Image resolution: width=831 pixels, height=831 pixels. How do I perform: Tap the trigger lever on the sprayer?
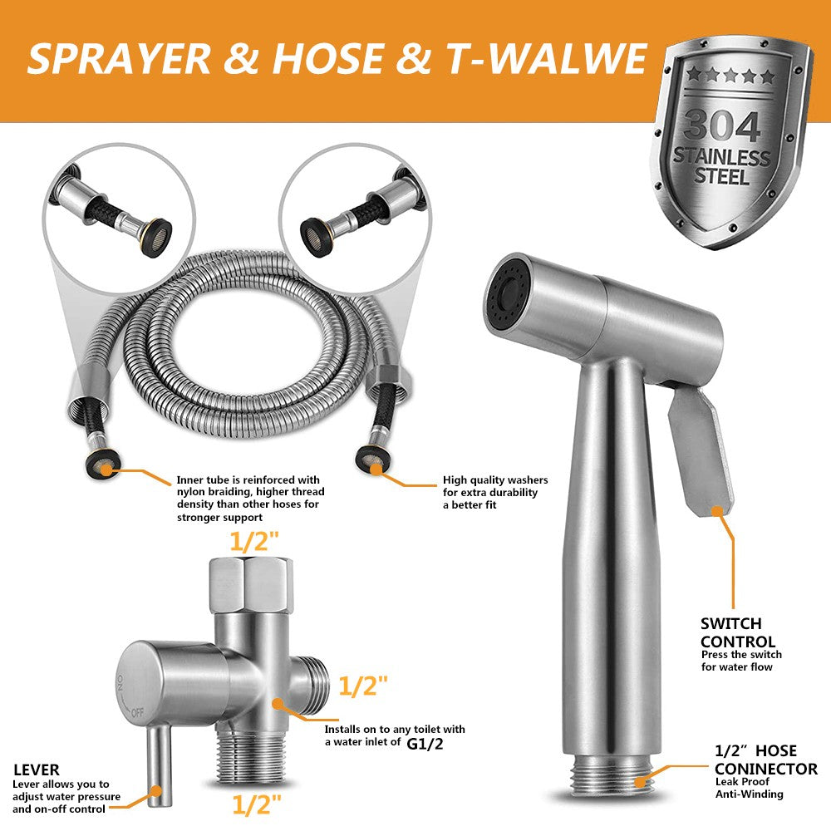point(699,452)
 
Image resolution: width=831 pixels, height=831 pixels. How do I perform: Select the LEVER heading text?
point(36,770)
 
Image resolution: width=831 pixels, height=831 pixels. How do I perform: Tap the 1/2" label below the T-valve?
point(256,804)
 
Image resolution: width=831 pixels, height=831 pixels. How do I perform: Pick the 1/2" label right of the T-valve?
point(364,686)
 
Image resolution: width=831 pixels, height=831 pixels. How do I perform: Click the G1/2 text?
point(425,743)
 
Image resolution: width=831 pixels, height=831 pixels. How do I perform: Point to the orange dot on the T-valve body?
point(278,702)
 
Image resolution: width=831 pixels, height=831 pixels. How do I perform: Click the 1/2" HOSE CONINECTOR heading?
point(765,761)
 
